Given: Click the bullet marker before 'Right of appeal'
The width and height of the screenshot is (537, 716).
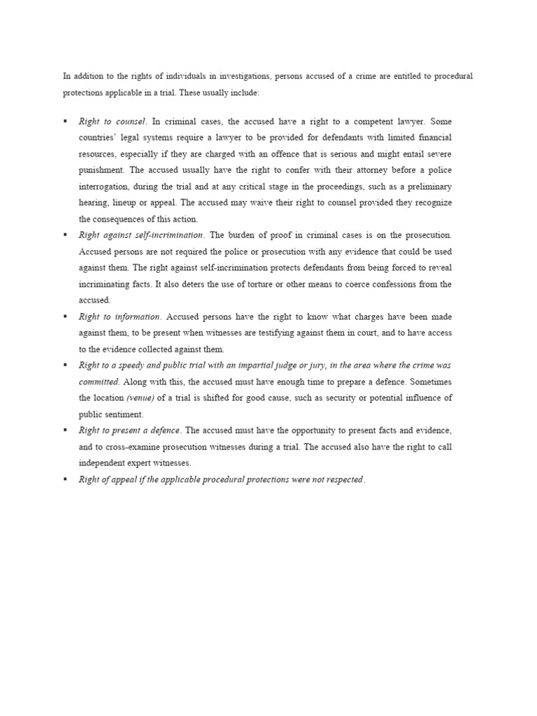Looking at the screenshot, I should click(65, 479).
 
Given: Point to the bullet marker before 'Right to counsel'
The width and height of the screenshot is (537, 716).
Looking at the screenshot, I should click(65, 121).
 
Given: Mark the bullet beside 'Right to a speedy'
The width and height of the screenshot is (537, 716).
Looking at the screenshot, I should click(65, 365).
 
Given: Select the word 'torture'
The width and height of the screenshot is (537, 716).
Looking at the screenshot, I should click(311, 284).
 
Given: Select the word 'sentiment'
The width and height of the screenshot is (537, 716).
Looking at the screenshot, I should click(127, 414).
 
